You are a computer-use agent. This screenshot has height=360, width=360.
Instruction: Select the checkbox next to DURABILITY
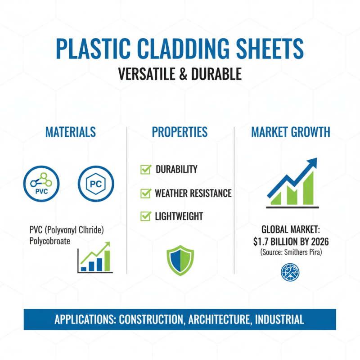[x=145, y=169]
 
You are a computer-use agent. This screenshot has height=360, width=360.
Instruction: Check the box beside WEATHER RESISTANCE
[x=145, y=193]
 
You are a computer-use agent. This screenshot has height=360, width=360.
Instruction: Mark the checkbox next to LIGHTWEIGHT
[x=145, y=216]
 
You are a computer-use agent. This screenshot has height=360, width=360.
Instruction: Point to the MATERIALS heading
[x=71, y=132]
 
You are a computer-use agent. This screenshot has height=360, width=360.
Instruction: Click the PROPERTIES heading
[x=180, y=132]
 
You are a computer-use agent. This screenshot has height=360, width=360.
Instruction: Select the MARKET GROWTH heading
[x=290, y=132]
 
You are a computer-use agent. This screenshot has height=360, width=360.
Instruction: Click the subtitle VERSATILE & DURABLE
[x=180, y=74]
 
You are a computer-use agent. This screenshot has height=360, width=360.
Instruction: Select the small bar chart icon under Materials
[x=95, y=258]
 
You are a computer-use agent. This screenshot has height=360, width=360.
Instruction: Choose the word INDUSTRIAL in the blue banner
[x=279, y=320]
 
